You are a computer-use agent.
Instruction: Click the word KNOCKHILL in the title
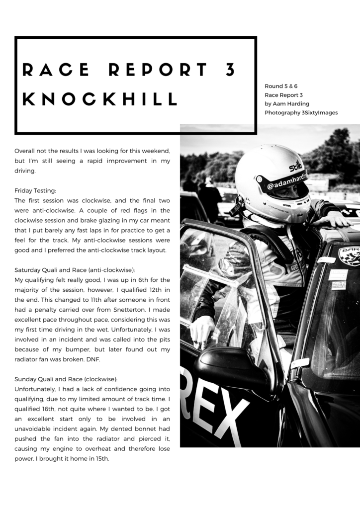(x=100, y=99)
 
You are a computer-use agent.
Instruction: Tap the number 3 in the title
(x=230, y=70)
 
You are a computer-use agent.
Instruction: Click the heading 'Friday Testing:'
(x=35, y=190)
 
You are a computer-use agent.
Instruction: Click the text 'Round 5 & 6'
(x=281, y=86)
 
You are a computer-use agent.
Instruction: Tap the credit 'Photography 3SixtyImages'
(x=301, y=113)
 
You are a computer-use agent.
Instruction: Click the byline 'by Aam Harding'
(x=286, y=104)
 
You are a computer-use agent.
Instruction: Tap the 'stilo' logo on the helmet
(x=295, y=166)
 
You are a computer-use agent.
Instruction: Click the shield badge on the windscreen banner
(x=349, y=255)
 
